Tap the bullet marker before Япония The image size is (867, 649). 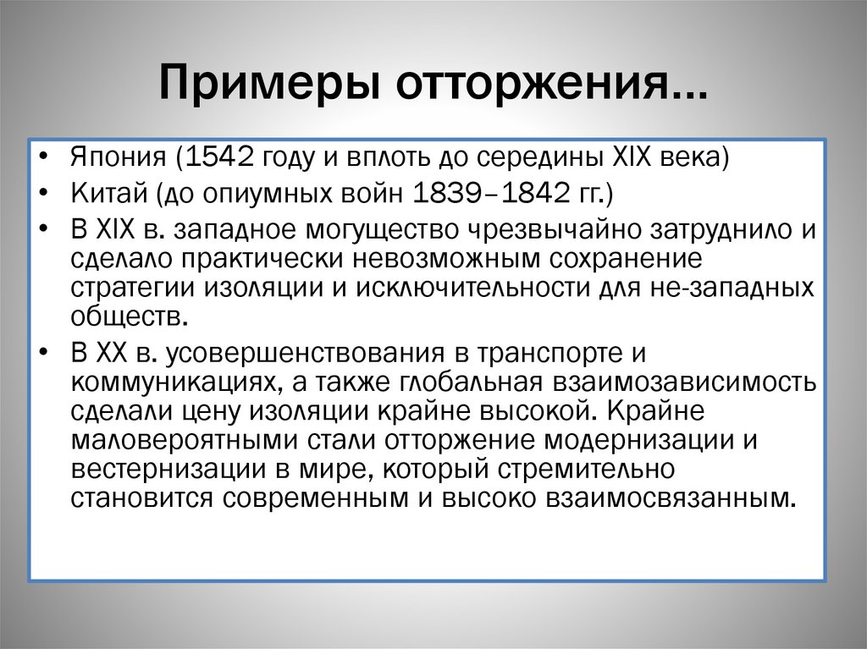pyautogui.click(x=42, y=160)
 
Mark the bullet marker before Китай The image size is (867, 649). pyautogui.click(x=42, y=195)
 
